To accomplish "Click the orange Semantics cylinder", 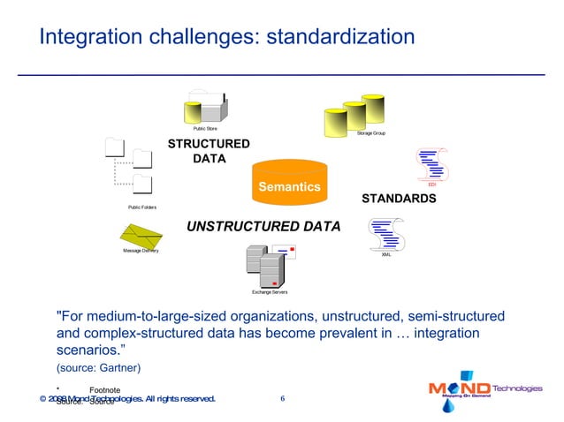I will (x=289, y=182).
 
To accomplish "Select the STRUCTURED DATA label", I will (x=209, y=151).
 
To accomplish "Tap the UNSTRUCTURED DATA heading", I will (x=263, y=227).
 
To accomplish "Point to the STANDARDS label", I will (x=399, y=199).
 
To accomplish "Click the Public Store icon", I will (x=205, y=109).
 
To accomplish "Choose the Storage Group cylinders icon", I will (x=354, y=112).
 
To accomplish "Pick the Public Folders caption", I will (x=142, y=207).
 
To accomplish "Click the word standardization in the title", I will (x=340, y=37).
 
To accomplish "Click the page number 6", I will (x=282, y=399).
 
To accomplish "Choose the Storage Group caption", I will (x=371, y=132).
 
